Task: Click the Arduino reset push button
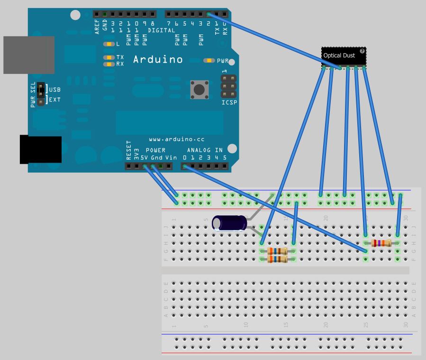[x=199, y=89]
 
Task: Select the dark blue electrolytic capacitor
[x=229, y=223]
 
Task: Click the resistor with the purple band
[x=381, y=243]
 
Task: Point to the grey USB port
[x=28, y=55]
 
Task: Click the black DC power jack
[x=40, y=149]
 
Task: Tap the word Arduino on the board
[x=158, y=60]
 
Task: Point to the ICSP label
[x=229, y=102]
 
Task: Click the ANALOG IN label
[x=205, y=150]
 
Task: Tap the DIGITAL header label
[x=161, y=30]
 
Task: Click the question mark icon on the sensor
[x=362, y=51]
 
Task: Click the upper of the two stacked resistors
[x=277, y=251]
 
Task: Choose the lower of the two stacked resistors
[x=277, y=259]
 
